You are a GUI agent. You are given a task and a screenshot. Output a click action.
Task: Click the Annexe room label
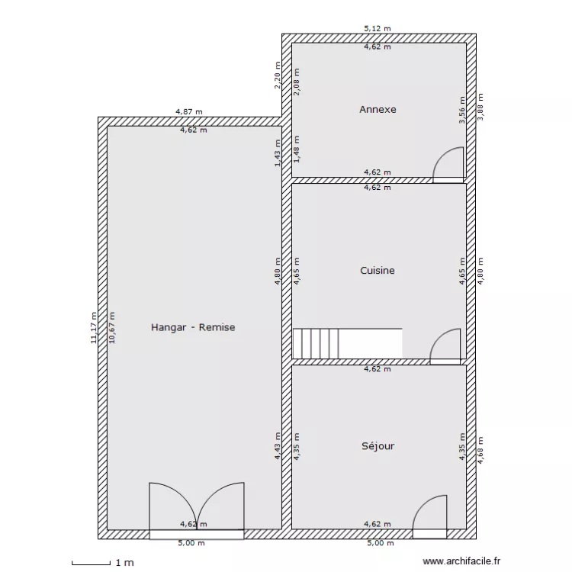pyautogui.click(x=378, y=109)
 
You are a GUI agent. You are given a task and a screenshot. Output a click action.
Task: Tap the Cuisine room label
pyautogui.click(x=378, y=270)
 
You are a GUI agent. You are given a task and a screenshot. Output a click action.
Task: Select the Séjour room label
pyautogui.click(x=378, y=446)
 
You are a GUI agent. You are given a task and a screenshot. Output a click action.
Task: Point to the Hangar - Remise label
pyautogui.click(x=193, y=327)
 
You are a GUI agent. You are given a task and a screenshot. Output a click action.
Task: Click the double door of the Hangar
pyautogui.click(x=197, y=511)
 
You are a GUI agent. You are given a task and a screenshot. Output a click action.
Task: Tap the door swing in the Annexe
pyautogui.click(x=448, y=165)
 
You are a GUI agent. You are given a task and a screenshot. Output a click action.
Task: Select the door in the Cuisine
pyautogui.click(x=445, y=346)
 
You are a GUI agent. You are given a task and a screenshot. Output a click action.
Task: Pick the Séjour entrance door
pyautogui.click(x=429, y=517)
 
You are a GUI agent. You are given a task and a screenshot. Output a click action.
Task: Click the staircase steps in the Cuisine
pyautogui.click(x=316, y=344)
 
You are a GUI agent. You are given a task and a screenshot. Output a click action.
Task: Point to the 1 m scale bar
pyautogui.click(x=92, y=563)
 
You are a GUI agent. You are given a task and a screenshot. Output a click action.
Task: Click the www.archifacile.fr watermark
pyautogui.click(x=461, y=561)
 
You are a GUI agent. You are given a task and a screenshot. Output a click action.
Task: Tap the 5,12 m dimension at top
pyautogui.click(x=378, y=28)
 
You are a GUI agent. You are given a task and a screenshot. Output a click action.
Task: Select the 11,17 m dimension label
pyautogui.click(x=94, y=328)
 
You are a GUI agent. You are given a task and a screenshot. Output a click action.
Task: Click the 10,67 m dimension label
pyautogui.click(x=112, y=328)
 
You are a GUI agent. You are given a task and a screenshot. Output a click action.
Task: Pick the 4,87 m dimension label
pyautogui.click(x=189, y=111)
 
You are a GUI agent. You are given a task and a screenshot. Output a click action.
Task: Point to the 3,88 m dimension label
pyautogui.click(x=480, y=107)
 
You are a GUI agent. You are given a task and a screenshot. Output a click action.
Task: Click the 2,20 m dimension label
pyautogui.click(x=278, y=75)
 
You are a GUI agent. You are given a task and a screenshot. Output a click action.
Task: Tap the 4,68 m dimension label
pyautogui.click(x=480, y=450)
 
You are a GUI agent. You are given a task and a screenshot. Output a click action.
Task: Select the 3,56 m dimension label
pyautogui.click(x=462, y=110)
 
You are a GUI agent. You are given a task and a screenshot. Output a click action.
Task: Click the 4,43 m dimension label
pyautogui.click(x=278, y=446)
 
